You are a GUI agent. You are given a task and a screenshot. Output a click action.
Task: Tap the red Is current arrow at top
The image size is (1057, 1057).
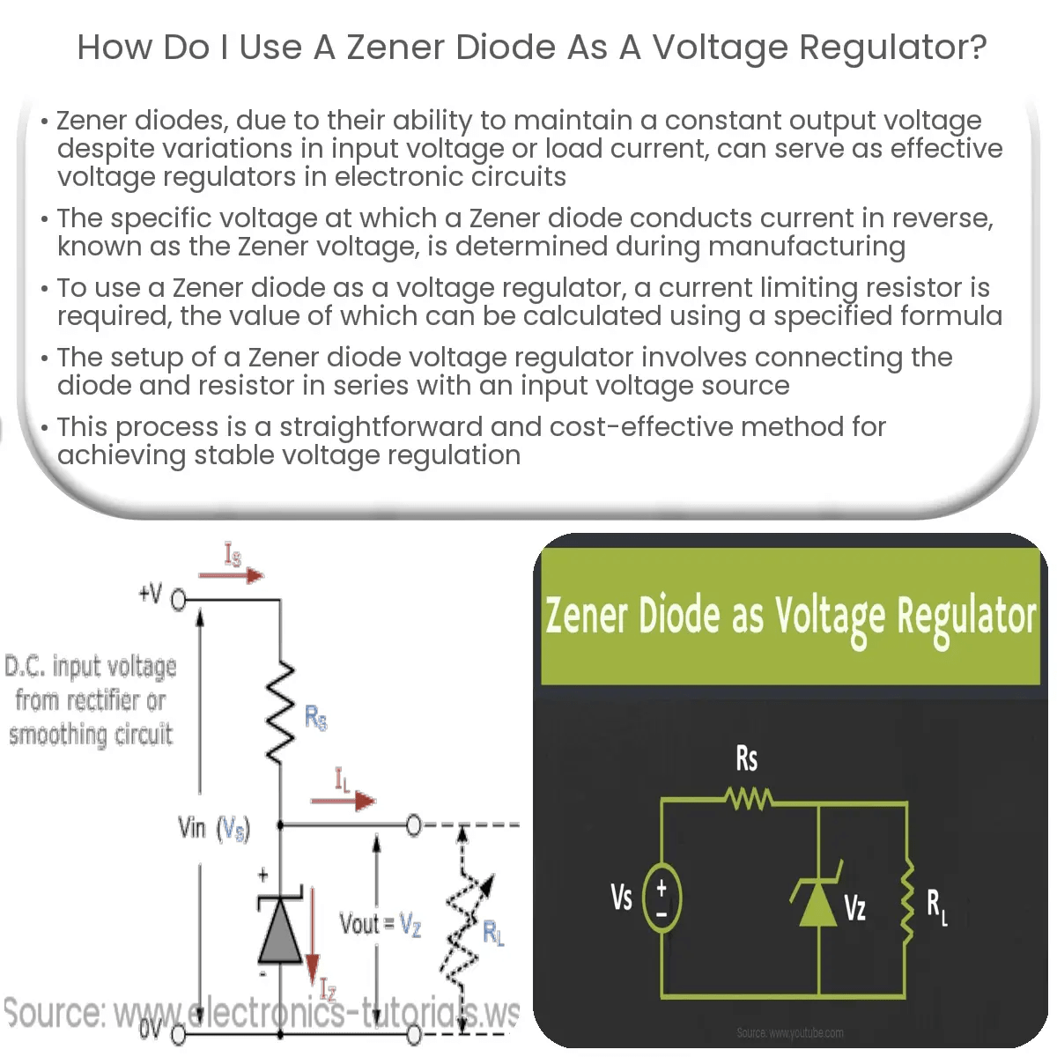click(231, 576)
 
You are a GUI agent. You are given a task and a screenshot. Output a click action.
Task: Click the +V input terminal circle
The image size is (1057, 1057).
click(179, 601)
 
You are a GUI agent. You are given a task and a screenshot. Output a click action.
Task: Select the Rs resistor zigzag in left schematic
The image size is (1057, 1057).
click(280, 713)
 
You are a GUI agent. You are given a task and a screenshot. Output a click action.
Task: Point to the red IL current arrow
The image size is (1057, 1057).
click(343, 801)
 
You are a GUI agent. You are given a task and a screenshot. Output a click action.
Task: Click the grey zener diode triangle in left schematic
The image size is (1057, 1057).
click(279, 932)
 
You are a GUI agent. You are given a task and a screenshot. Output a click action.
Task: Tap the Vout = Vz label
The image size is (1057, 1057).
click(381, 924)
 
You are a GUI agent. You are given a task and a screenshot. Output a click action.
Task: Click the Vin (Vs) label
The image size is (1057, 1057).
click(214, 828)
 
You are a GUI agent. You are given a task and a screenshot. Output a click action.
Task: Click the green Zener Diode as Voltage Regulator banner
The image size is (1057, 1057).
click(790, 616)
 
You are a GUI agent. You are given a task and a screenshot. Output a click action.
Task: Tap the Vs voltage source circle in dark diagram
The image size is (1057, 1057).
click(662, 898)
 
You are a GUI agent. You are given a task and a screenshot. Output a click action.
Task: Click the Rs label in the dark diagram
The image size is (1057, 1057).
click(746, 758)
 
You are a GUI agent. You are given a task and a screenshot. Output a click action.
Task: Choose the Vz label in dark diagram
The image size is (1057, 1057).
click(854, 907)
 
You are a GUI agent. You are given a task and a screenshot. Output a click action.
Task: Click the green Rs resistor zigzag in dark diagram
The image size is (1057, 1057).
click(749, 800)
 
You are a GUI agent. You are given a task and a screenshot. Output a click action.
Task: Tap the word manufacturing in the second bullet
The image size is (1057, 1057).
click(806, 247)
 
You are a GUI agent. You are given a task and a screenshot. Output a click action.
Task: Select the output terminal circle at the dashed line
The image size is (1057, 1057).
click(414, 825)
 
